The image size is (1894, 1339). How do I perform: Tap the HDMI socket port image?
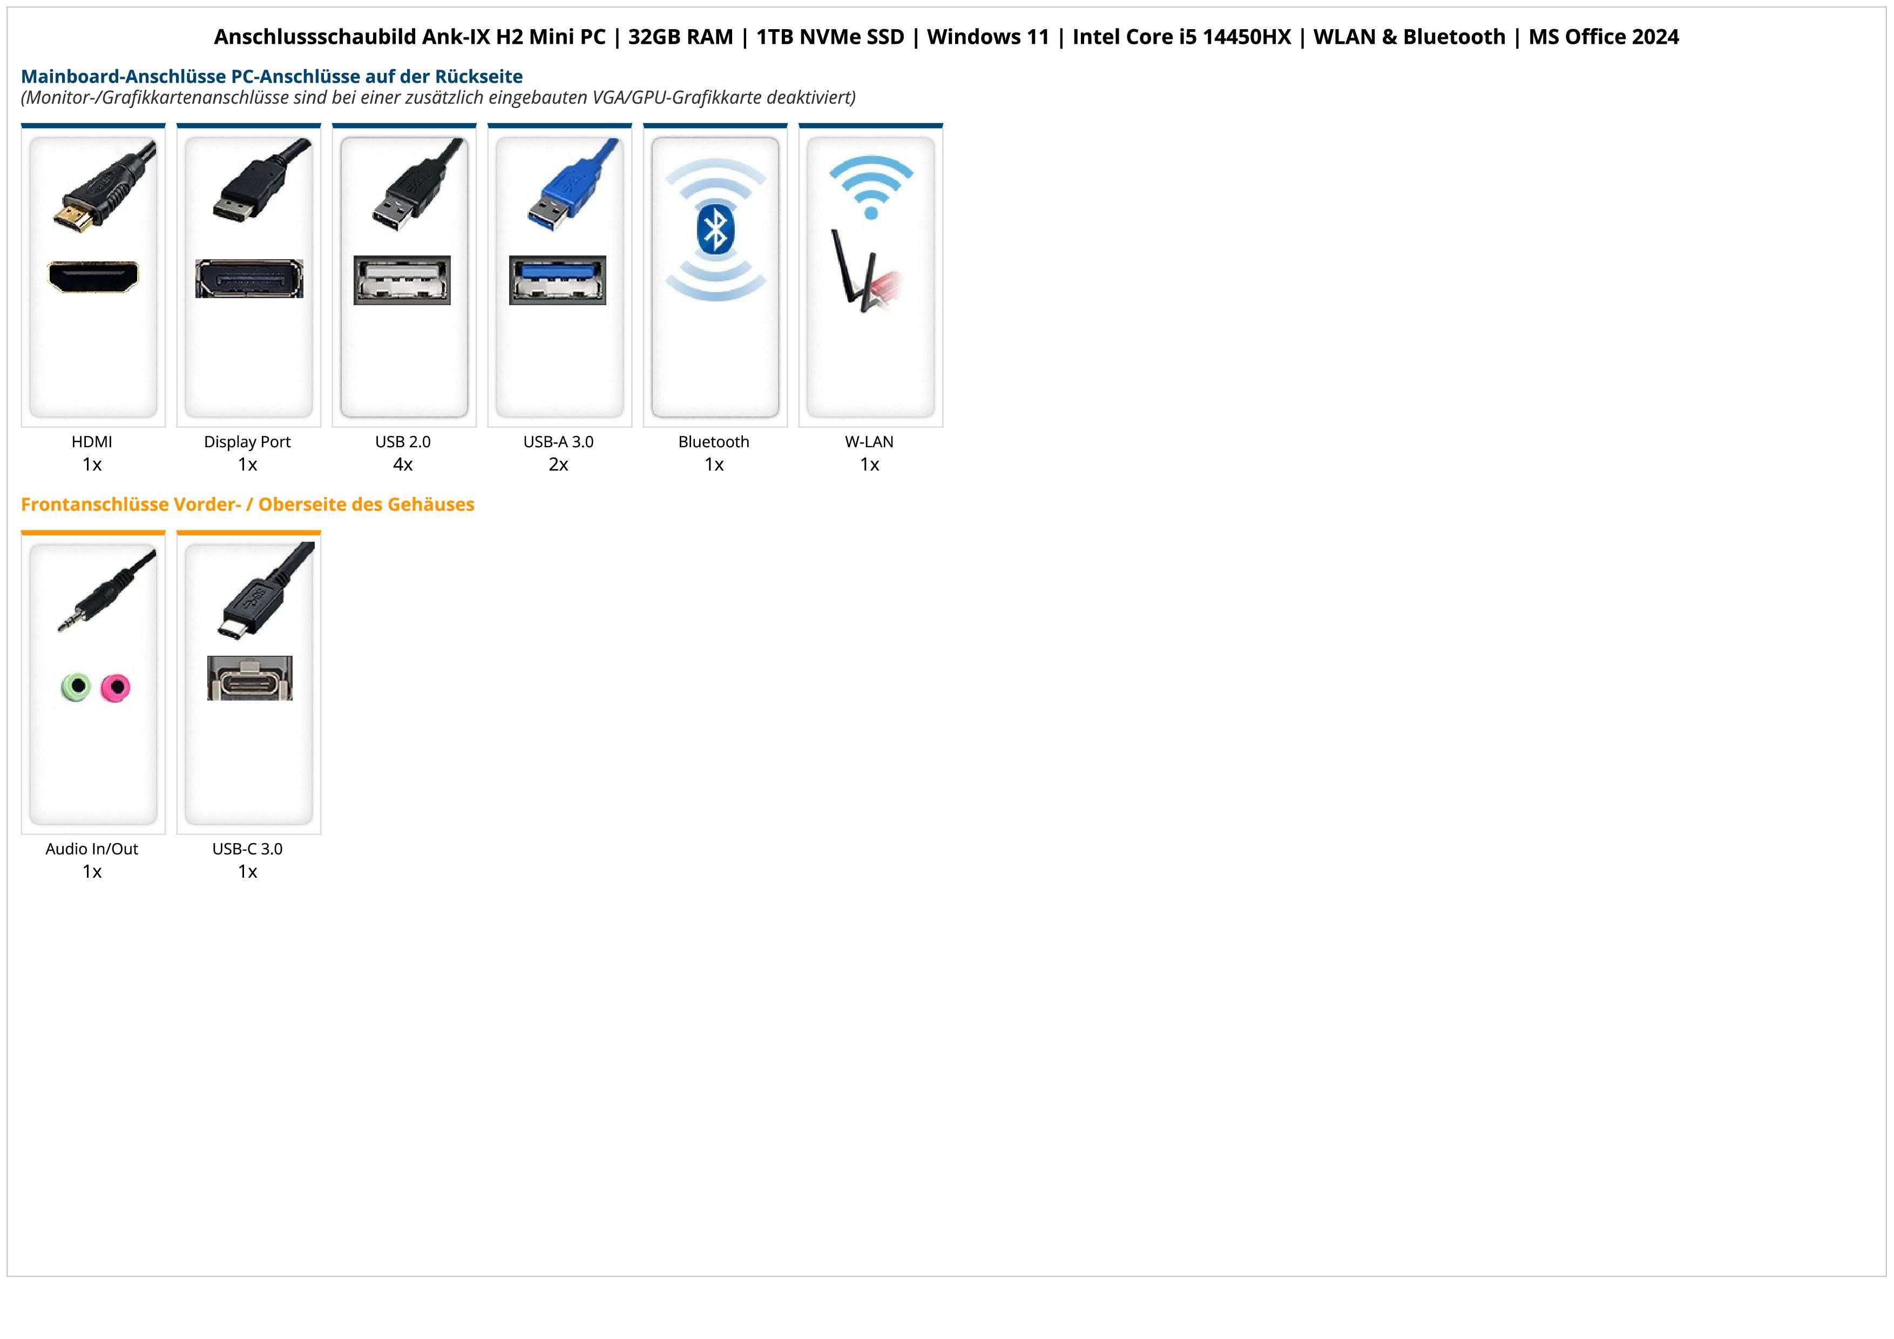click(x=93, y=277)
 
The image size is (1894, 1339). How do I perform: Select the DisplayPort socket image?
click(x=249, y=278)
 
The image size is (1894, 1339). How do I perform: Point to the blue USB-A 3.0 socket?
click(x=558, y=280)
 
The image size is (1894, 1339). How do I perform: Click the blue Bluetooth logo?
click(x=714, y=230)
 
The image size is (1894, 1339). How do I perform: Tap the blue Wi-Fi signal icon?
click(x=871, y=187)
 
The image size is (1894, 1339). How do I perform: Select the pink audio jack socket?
click(x=116, y=687)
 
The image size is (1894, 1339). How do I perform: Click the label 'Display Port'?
click(x=247, y=441)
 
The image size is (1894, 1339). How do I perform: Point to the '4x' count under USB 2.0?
click(x=403, y=465)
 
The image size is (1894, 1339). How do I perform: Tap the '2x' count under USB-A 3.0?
click(x=558, y=465)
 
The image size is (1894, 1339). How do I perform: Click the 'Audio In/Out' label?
click(x=92, y=848)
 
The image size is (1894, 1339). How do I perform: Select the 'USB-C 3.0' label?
click(x=247, y=848)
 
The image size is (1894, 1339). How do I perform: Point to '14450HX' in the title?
click(x=1247, y=37)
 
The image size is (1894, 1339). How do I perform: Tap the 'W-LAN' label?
click(x=869, y=441)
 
